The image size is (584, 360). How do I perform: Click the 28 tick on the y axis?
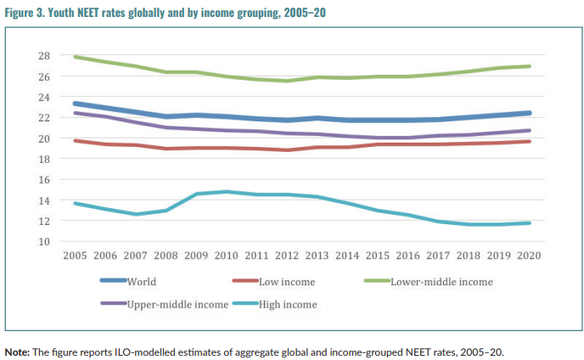(43, 56)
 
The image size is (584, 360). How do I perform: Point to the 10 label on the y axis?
(43, 241)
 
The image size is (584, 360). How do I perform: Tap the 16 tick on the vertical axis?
(43, 179)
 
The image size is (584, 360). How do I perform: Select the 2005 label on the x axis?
(76, 256)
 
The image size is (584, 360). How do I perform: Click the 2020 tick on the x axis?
(529, 256)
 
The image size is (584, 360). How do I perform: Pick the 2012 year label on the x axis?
(287, 256)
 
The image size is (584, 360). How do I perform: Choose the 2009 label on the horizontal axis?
(196, 256)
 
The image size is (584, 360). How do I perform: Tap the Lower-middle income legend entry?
(441, 281)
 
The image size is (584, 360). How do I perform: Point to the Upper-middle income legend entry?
(177, 303)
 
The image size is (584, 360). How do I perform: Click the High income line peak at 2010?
(227, 192)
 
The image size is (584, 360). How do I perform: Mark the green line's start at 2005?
(76, 57)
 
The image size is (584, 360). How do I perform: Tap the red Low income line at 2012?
(287, 150)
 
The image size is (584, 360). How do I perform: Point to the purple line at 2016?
(407, 138)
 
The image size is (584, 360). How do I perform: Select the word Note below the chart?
(16, 351)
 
